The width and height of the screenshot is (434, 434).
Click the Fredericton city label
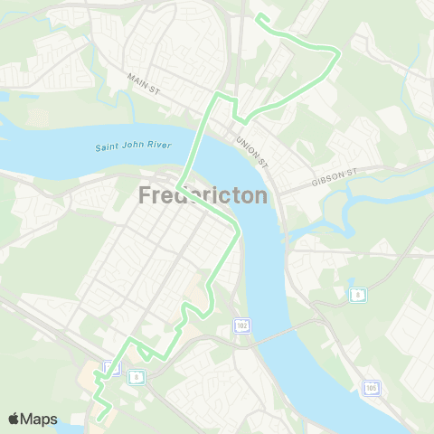click(x=203, y=195)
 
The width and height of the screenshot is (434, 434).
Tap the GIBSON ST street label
click(x=335, y=173)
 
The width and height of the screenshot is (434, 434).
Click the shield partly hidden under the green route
click(x=109, y=367)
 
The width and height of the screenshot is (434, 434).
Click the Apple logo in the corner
click(x=14, y=419)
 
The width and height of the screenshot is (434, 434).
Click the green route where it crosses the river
click(x=193, y=149)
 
